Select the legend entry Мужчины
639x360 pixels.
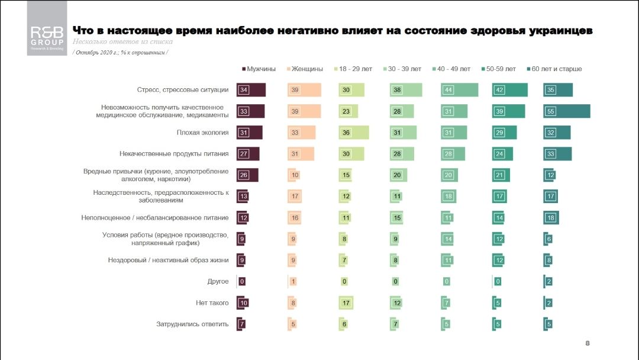coord(261,69)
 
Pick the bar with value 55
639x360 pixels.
coord(567,111)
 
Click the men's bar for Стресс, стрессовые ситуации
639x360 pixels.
coord(251,90)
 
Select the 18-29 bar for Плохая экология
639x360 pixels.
coord(353,133)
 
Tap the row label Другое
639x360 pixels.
coord(218,281)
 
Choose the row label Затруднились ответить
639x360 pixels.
coord(192,324)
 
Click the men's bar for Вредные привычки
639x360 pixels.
coord(247,175)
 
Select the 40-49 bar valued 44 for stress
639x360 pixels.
coord(459,90)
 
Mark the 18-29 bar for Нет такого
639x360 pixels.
coord(346,303)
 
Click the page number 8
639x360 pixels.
coord(587,343)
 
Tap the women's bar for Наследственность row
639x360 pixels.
coord(295,197)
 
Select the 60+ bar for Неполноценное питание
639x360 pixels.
coord(551,217)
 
